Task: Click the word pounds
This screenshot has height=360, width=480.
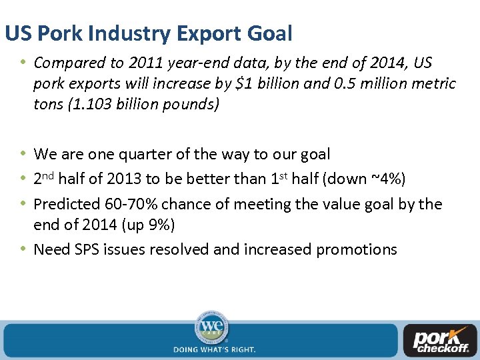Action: [x=194, y=105]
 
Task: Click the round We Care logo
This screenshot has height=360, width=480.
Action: [x=213, y=327]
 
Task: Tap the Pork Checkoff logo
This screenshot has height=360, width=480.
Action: [x=441, y=341]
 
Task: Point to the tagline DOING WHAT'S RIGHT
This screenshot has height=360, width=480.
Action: [x=214, y=349]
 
